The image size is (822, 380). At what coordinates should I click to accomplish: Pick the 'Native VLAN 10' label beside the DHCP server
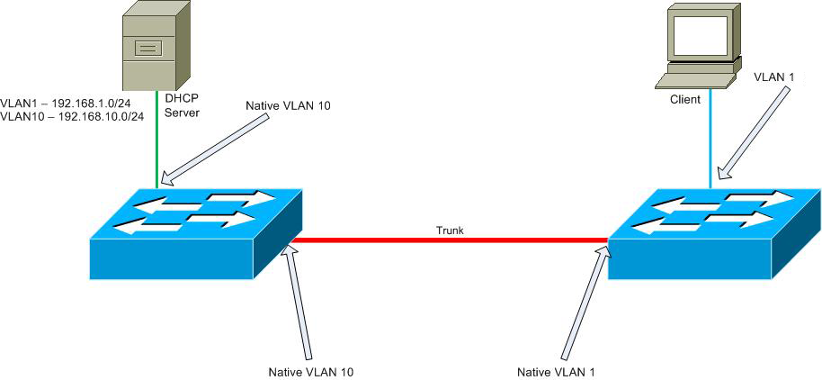click(288, 105)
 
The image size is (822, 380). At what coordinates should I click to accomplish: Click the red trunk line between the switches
click(450, 240)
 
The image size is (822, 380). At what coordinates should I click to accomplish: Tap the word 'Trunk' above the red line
click(450, 231)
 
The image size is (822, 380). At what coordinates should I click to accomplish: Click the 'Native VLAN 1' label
click(556, 370)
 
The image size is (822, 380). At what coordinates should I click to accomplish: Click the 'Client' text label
click(684, 99)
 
